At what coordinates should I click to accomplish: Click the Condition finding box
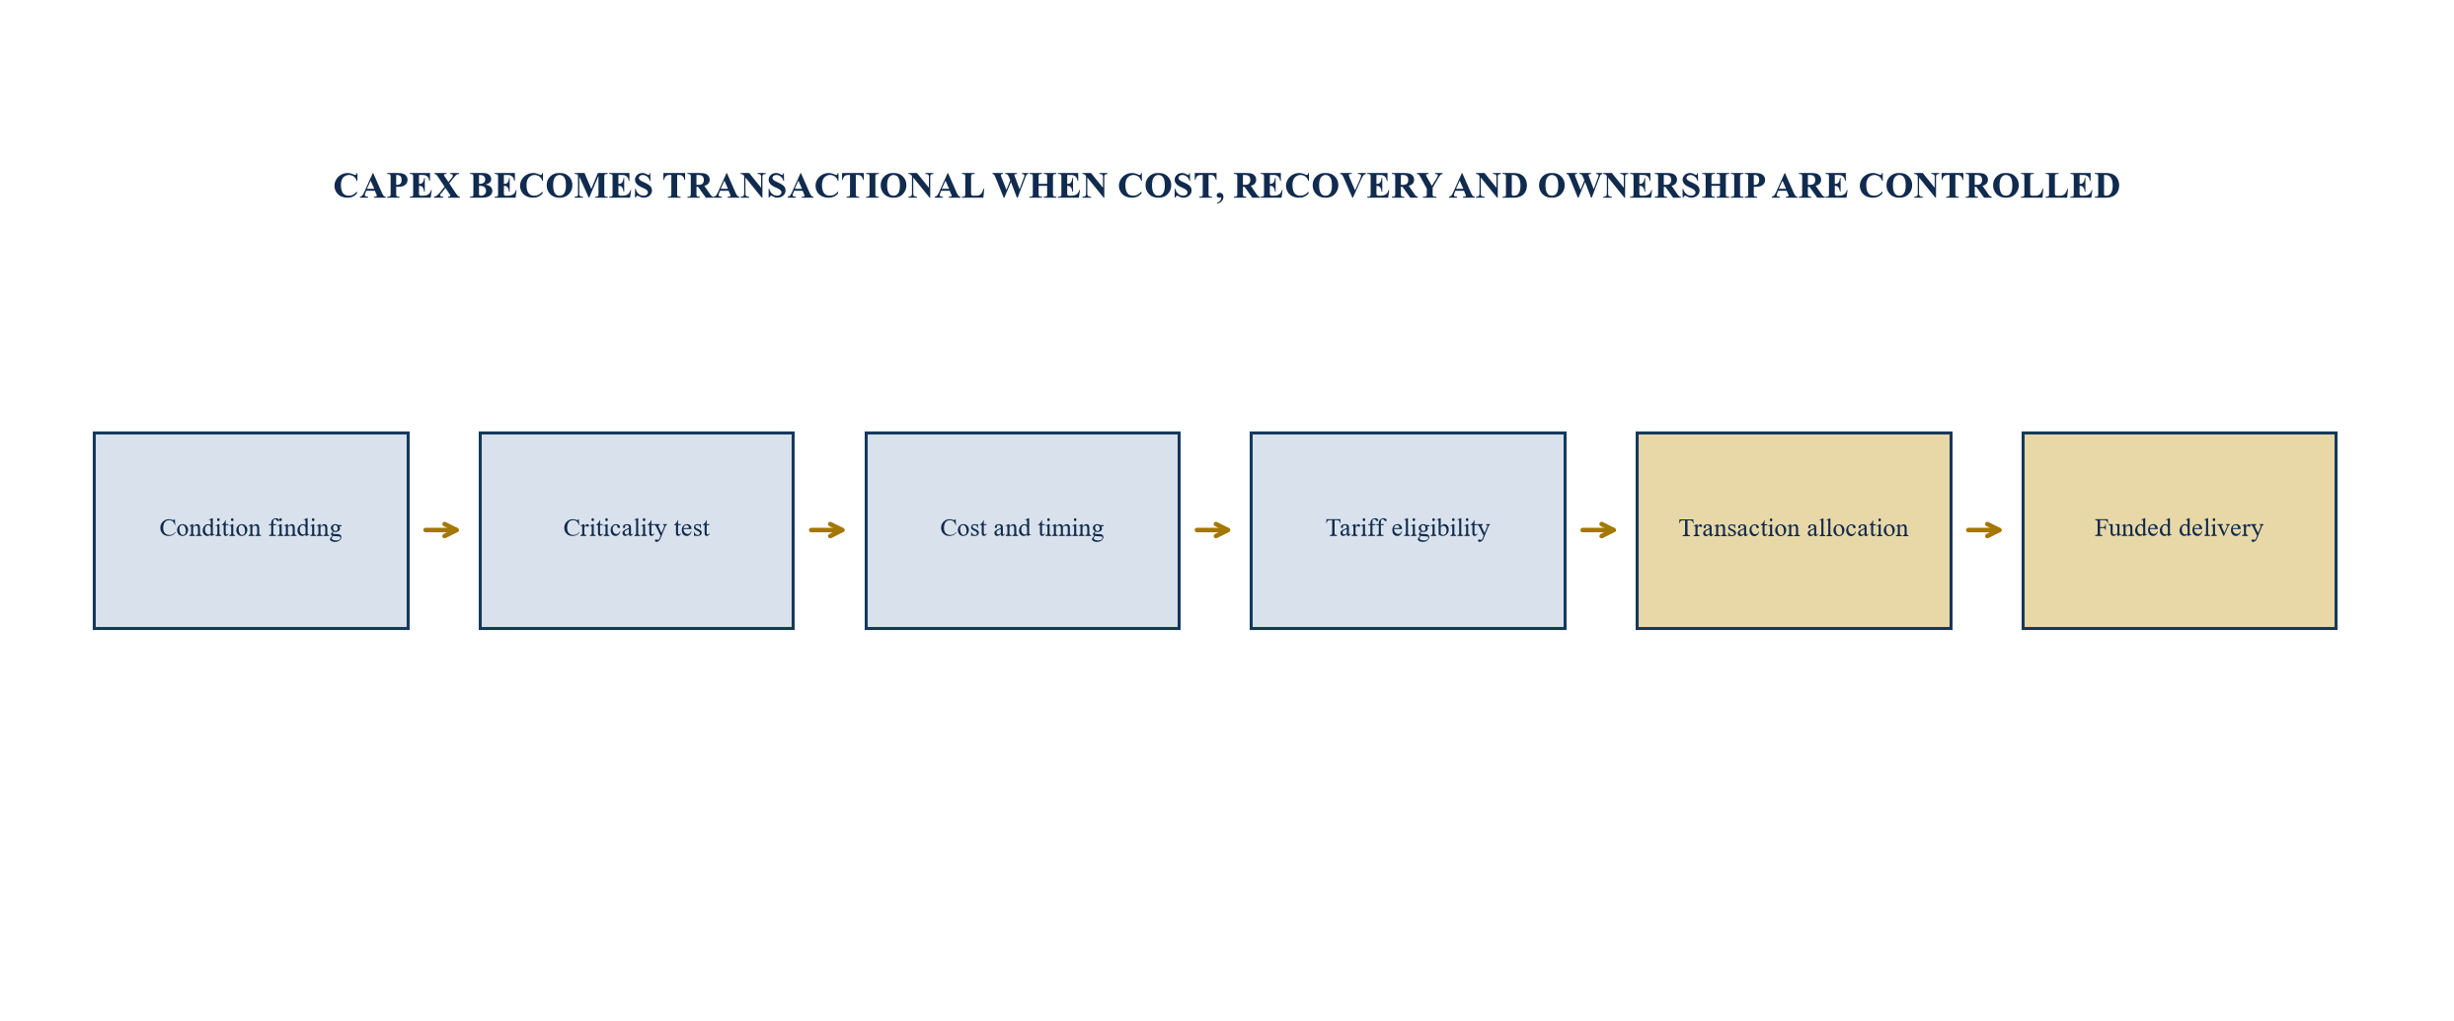tap(251, 530)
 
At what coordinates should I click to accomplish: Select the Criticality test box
tap(637, 530)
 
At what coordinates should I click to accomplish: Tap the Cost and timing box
tap(1023, 530)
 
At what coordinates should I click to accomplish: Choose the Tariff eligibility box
tap(1408, 530)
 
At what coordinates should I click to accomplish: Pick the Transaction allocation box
tap(1794, 530)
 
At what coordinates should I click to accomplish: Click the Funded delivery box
tap(2180, 530)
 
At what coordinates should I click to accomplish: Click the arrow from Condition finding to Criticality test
tap(442, 530)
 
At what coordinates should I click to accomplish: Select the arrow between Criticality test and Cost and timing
tap(827, 530)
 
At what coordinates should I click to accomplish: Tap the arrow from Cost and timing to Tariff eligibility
tap(1213, 530)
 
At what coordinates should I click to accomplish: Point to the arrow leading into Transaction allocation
tap(1599, 530)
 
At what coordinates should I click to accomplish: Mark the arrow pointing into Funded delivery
tap(1984, 530)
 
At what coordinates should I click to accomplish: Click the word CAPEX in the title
tap(397, 186)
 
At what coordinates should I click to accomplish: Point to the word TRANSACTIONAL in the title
tap(823, 186)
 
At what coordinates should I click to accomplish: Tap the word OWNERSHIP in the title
tap(1651, 186)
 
